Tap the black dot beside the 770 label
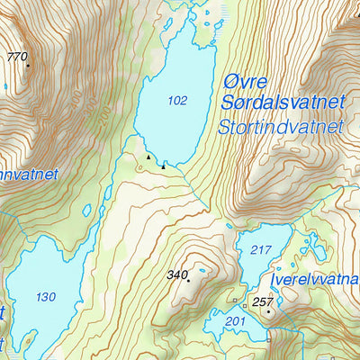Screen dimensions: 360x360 click(x=28, y=65)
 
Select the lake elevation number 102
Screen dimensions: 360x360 click(x=177, y=101)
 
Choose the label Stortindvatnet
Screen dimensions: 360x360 click(x=281, y=127)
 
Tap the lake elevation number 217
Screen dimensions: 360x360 click(x=261, y=249)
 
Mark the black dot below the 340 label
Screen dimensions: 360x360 click(x=188, y=281)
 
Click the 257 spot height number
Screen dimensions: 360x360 click(x=262, y=301)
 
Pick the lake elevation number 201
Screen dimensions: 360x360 click(x=235, y=320)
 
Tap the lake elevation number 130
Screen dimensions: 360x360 click(x=45, y=296)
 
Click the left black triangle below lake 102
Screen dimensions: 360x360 click(x=148, y=157)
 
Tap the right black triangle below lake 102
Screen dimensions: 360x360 click(x=163, y=166)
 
